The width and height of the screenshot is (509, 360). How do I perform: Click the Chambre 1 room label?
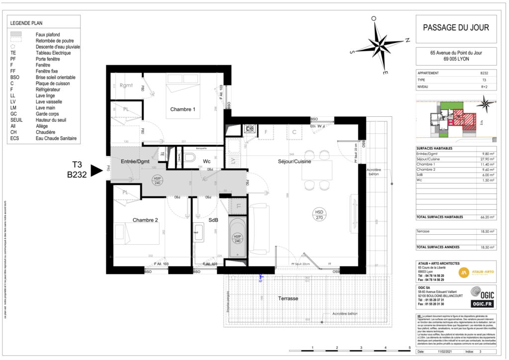[x=182, y=109]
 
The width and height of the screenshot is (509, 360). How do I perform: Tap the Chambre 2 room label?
[x=145, y=220]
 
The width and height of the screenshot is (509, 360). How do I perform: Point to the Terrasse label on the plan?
[x=288, y=298]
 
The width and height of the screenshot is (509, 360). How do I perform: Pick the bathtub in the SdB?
[x=238, y=237]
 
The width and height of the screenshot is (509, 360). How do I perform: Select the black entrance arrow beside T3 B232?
[x=96, y=170]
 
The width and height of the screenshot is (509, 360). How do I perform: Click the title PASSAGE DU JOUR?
[x=455, y=28]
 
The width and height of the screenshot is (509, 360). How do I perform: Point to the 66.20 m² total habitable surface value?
[x=488, y=217]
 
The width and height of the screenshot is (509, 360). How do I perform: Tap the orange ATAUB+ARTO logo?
[x=464, y=272]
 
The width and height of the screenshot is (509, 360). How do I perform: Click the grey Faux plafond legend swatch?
[x=16, y=34]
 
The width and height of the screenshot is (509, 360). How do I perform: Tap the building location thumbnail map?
[x=455, y=118]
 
